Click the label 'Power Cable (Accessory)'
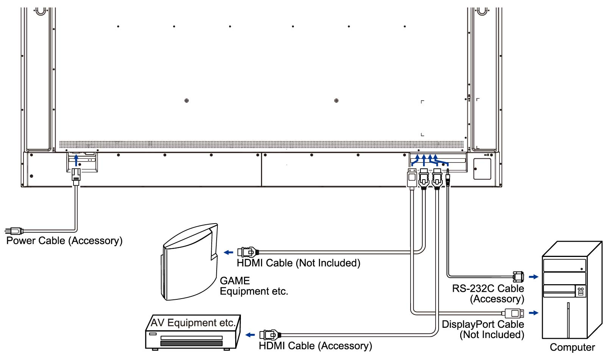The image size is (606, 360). [64, 241]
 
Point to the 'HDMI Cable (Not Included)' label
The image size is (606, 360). [298, 263]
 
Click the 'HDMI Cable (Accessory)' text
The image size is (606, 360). [315, 346]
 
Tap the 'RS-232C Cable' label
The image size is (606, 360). [488, 288]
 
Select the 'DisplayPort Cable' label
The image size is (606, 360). [483, 324]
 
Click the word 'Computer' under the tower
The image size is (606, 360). [572, 347]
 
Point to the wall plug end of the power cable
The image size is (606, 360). [14, 230]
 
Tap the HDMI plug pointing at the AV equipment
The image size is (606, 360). [270, 335]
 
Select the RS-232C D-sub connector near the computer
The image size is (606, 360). [518, 277]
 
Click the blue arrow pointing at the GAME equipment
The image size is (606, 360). [228, 252]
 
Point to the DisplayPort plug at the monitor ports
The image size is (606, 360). [412, 178]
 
